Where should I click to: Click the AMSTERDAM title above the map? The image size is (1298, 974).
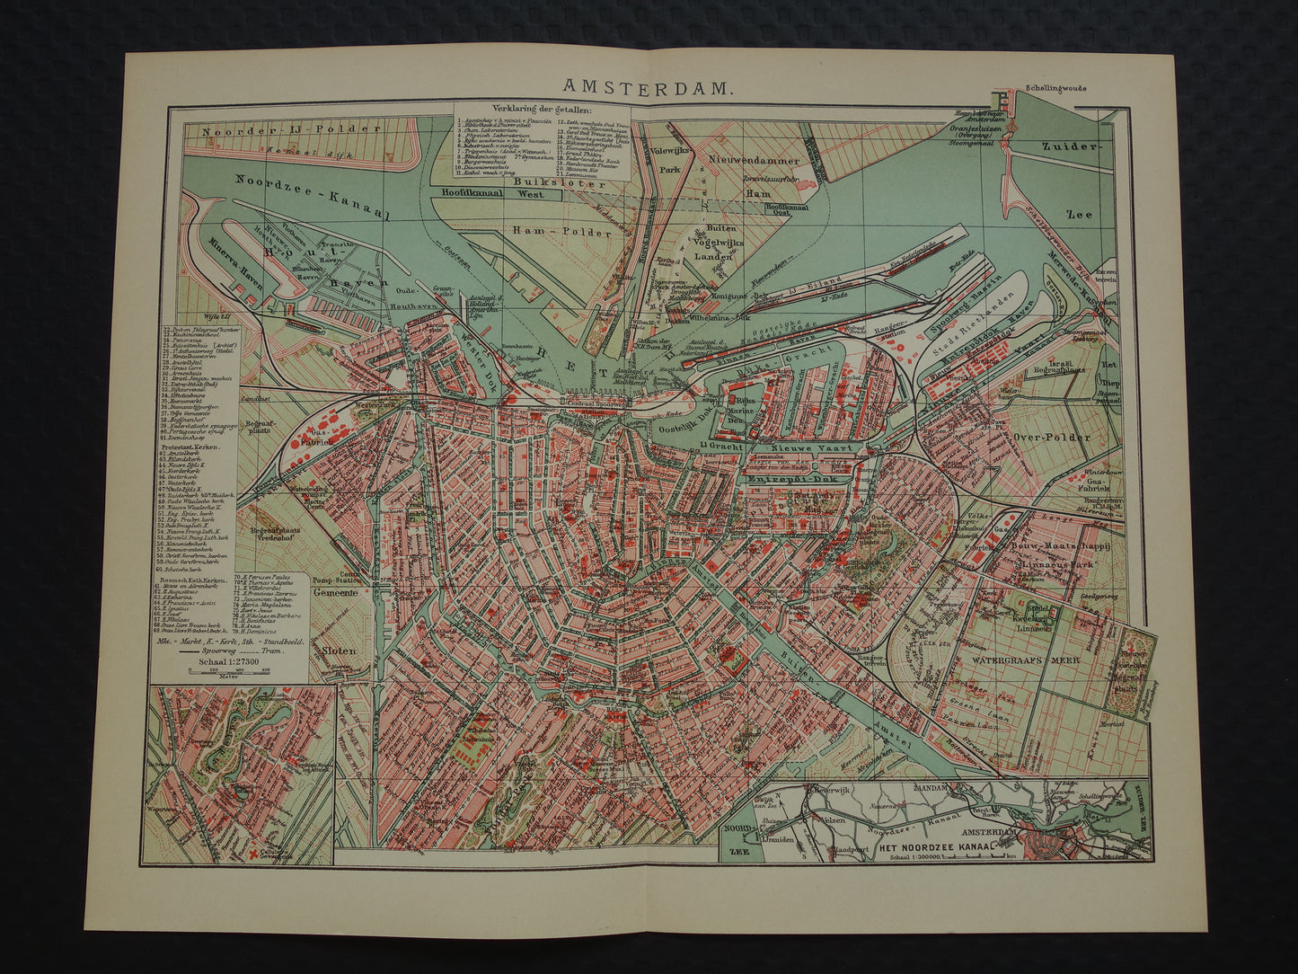[x=648, y=87]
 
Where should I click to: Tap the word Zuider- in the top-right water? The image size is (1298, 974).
[x=1069, y=147]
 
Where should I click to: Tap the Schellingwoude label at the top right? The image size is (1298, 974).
[x=1055, y=90]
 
